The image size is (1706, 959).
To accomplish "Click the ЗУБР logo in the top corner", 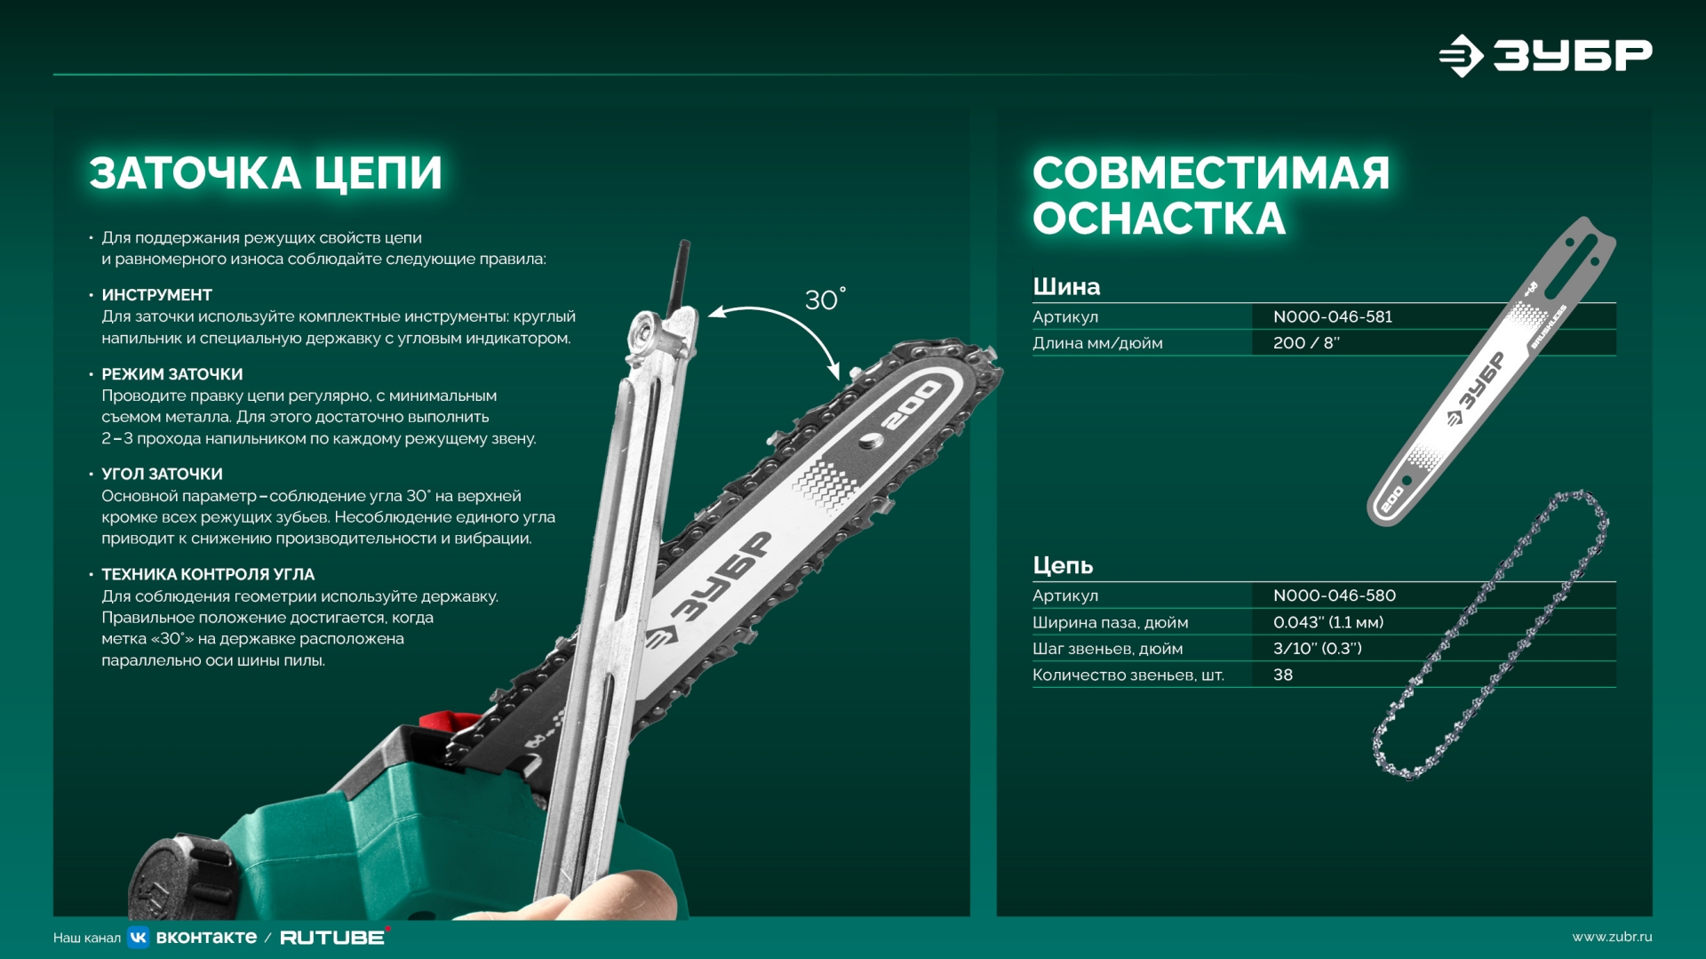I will [x=1545, y=55].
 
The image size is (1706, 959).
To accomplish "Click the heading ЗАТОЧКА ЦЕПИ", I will [x=265, y=173].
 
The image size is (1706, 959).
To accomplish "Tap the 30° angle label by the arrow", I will [x=825, y=300].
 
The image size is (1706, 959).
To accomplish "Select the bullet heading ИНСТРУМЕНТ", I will [x=156, y=295].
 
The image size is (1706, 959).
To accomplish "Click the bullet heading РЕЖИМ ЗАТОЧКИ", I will [x=171, y=374].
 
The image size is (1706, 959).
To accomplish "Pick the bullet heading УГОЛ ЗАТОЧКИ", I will [x=162, y=474].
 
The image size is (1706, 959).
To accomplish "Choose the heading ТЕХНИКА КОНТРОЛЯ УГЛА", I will [x=208, y=574].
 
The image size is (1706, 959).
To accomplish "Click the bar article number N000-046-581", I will [x=1333, y=316].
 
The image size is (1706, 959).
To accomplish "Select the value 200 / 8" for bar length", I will [x=1306, y=343].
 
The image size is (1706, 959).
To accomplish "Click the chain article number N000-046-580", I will [x=1335, y=595].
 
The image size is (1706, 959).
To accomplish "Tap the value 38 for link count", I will [x=1283, y=675].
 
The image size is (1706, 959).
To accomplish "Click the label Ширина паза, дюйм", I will [x=1110, y=622].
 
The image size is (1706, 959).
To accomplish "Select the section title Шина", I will [x=1066, y=286].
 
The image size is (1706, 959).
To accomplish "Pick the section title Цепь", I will [x=1063, y=565].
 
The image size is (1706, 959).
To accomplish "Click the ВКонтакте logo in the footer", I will [x=193, y=937].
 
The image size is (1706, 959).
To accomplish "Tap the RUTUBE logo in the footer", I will [x=333, y=937].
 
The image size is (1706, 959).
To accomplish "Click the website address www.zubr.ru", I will [x=1612, y=937].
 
